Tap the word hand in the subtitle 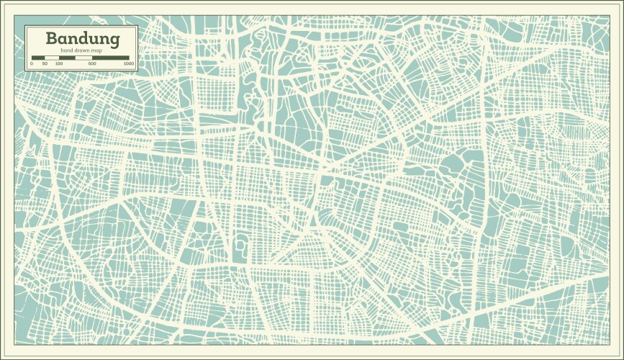point(67,50)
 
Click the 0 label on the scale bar point(31,64)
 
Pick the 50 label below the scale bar point(45,64)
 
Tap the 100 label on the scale point(59,64)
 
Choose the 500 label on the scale point(92,64)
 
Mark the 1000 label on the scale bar point(128,64)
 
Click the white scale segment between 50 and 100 point(52,58)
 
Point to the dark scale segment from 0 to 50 point(37,58)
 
